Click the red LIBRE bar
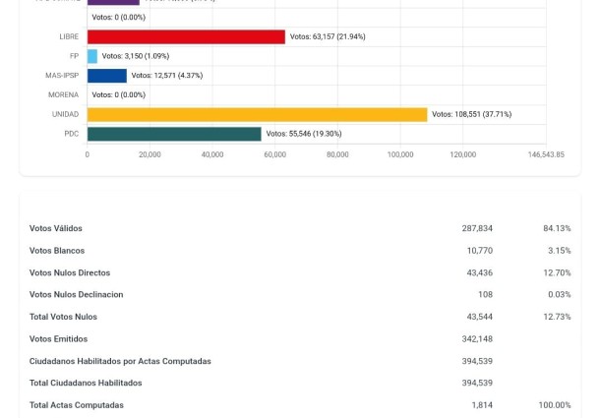pos(186,36)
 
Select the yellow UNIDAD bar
pos(257,114)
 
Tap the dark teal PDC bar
pos(174,134)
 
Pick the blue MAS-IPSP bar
pos(107,76)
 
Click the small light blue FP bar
pos(92,56)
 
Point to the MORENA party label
pos(63,95)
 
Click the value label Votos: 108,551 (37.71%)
pos(471,114)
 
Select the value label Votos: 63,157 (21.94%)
pos(328,36)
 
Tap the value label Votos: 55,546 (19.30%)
pos(304,134)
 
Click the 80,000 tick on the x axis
pos(337,155)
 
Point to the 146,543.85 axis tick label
pos(546,155)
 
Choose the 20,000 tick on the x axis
pos(150,155)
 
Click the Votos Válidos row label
pos(56,228)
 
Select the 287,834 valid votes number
pos(477,228)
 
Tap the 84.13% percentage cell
pos(557,228)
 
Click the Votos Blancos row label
pos(57,251)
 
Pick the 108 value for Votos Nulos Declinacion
pos(485,295)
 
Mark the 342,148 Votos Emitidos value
pos(477,339)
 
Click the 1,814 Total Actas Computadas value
pos(481,405)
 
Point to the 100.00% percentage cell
pos(555,405)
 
